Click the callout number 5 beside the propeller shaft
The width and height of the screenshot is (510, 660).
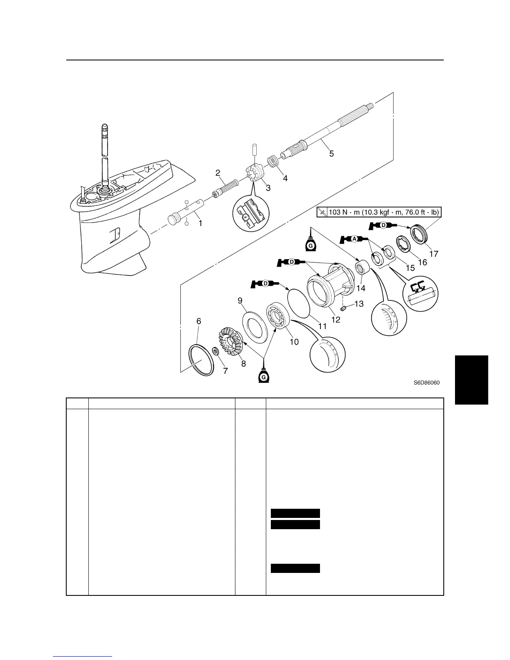pos(331,153)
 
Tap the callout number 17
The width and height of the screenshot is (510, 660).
pos(433,253)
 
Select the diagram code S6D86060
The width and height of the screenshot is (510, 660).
pos(427,382)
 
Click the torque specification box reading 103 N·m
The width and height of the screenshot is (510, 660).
pos(378,212)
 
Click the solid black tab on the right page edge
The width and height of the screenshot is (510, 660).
pos(471,379)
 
